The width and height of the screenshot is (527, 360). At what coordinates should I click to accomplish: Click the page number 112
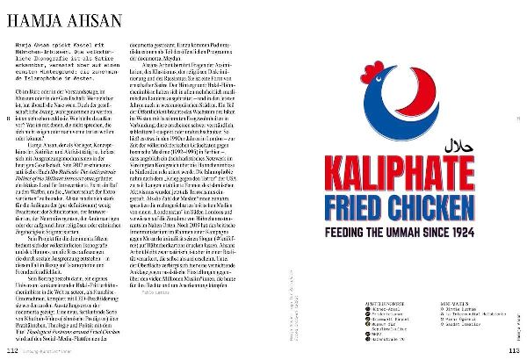coord(12,349)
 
